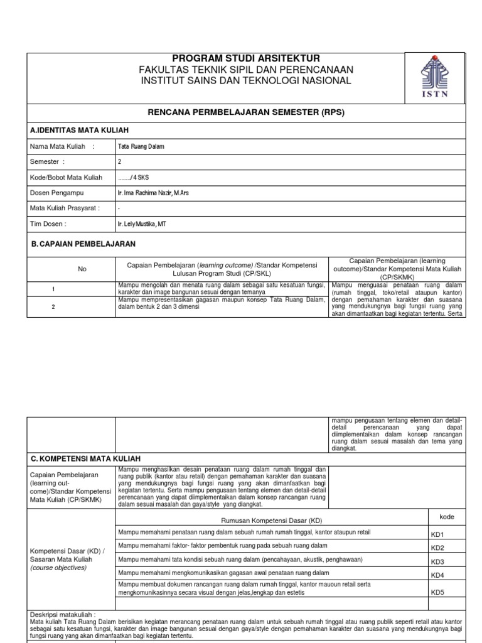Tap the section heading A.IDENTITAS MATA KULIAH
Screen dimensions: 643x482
click(80, 130)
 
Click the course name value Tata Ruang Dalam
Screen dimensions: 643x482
click(142, 147)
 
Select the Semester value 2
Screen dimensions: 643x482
click(120, 162)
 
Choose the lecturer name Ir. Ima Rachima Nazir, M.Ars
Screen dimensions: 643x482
click(154, 193)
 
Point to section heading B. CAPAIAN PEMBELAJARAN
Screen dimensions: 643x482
click(83, 243)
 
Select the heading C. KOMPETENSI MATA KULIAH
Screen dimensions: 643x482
click(86, 458)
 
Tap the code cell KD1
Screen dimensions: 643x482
click(437, 535)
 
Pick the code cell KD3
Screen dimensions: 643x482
click(437, 562)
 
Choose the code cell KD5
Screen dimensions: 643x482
click(437, 592)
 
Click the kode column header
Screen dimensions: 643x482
click(446, 516)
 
